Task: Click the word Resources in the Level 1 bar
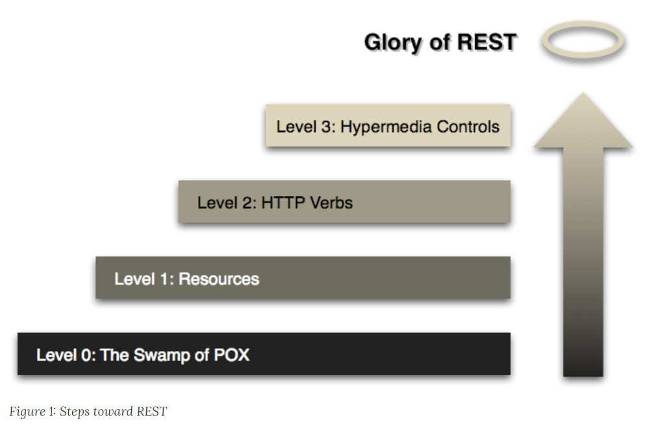click(x=219, y=279)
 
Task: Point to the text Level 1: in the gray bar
click(x=144, y=279)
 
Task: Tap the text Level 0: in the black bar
click(x=66, y=355)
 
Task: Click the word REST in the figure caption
click(x=152, y=412)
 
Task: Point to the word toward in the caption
click(x=111, y=412)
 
